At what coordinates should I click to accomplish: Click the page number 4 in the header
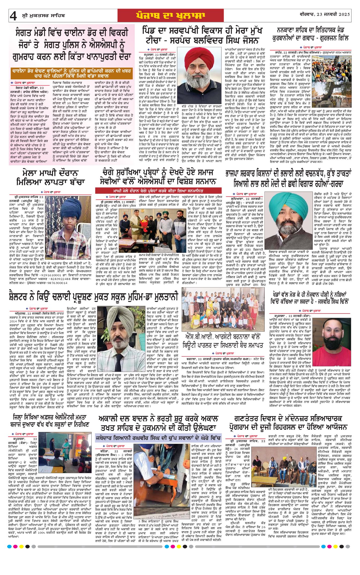click(x=13, y=16)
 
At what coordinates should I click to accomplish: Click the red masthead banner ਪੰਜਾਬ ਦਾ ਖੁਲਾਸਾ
click(x=170, y=16)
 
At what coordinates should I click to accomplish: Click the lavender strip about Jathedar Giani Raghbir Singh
click(x=158, y=438)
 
